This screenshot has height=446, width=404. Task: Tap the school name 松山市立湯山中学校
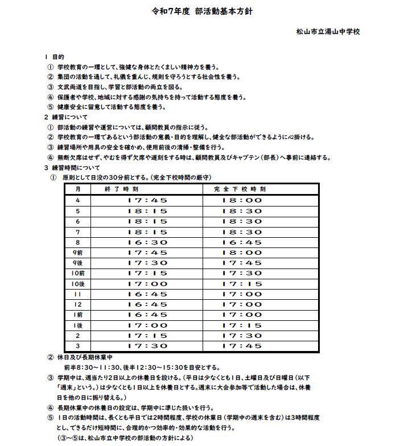328,32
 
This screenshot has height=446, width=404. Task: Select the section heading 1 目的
55,57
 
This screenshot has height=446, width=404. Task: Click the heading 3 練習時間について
72,168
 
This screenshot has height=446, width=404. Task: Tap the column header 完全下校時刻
242,189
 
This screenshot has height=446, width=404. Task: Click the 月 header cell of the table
79,189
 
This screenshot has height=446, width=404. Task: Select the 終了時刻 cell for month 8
147,242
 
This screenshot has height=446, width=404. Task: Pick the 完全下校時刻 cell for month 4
242,200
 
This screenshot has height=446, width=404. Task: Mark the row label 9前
78,252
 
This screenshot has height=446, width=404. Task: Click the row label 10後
78,283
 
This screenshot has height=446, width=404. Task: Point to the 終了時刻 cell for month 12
147,304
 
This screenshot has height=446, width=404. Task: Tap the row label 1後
78,325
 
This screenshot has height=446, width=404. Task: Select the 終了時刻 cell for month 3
147,346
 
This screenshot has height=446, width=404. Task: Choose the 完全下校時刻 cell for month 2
242,336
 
